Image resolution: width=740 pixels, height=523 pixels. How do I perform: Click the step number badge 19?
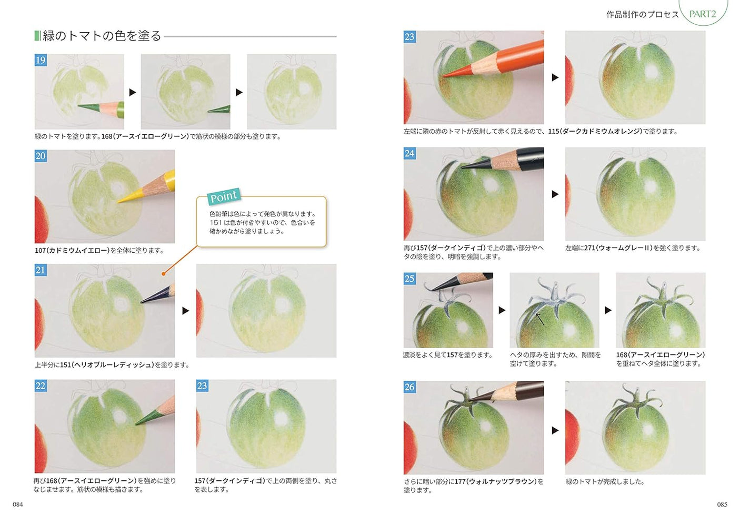pyautogui.click(x=41, y=60)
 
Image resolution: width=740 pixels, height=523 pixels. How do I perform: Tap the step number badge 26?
pyautogui.click(x=409, y=387)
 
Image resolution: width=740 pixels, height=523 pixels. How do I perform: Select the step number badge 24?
pyautogui.click(x=409, y=153)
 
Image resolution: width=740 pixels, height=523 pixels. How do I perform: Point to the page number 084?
pyautogui.click(x=18, y=505)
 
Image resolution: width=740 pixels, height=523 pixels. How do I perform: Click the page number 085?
pyautogui.click(x=722, y=505)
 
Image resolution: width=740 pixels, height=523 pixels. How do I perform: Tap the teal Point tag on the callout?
pyautogui.click(x=224, y=196)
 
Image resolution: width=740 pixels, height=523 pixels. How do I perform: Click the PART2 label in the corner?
pyautogui.click(x=703, y=14)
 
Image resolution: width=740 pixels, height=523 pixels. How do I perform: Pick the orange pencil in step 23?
pyautogui.click(x=500, y=61)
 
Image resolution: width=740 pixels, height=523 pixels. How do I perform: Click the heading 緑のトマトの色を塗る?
pyautogui.click(x=102, y=36)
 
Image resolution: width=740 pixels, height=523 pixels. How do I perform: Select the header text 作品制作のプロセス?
pyautogui.click(x=642, y=15)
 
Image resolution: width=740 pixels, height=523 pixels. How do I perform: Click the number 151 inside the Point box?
pyautogui.click(x=216, y=223)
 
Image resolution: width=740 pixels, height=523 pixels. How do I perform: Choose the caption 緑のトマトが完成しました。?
pyautogui.click(x=605, y=481)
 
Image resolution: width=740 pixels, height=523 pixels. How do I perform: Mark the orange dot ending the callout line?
pyautogui.click(x=164, y=273)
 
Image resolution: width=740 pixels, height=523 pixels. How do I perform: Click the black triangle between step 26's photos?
pyautogui.click(x=555, y=430)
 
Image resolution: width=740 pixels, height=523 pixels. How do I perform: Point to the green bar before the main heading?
pyautogui.click(x=37, y=36)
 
